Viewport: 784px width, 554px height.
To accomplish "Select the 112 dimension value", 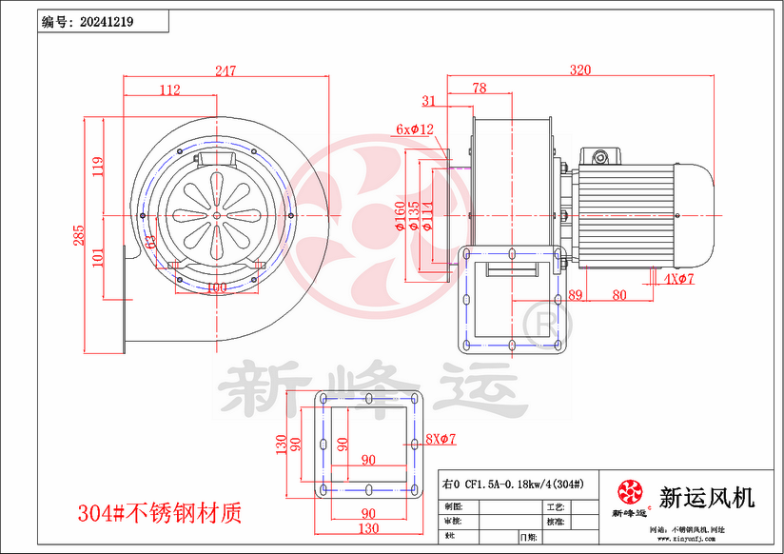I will [170, 90].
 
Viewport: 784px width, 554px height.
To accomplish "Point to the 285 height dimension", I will [80, 235].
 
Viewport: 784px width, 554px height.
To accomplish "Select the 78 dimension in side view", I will [479, 89].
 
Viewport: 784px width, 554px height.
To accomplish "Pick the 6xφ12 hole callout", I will [415, 129].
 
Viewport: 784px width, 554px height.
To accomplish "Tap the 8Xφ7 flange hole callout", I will [441, 440].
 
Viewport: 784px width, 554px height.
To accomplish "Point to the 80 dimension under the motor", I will [619, 295].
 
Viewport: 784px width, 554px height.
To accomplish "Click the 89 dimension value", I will [575, 295].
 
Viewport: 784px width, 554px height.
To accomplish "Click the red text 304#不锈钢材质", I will [160, 513].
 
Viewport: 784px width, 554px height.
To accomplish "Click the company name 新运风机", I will [706, 497].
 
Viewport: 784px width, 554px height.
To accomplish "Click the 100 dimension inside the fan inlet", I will [216, 287].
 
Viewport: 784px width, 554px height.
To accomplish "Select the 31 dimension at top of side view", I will [428, 100].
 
